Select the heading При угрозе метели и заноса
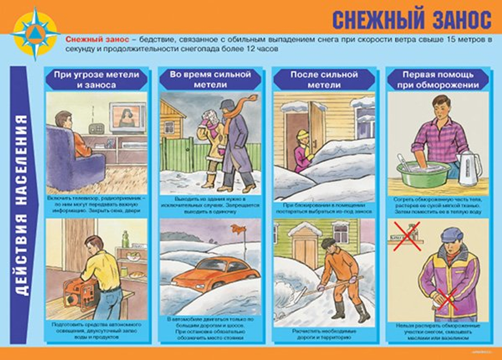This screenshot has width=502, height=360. point(96,79)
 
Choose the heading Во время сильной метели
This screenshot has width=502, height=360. point(210,79)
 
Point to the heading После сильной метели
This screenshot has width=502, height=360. point(324,79)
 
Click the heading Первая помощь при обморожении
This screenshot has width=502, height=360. point(438,79)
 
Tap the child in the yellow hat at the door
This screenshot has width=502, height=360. point(302,151)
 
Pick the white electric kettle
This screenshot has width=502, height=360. point(469,166)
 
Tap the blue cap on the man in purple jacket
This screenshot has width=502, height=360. point(451,234)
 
